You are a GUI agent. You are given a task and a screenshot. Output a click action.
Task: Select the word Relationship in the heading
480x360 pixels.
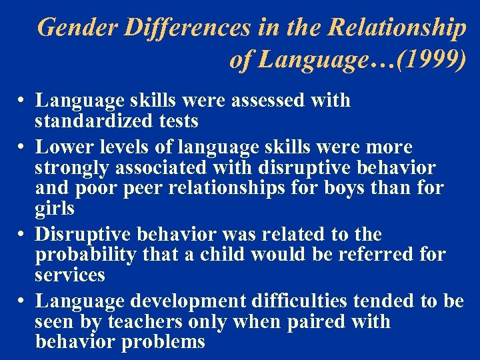pyautogui.click(x=397, y=28)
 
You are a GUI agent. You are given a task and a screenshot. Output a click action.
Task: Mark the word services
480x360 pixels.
pyautogui.click(x=70, y=275)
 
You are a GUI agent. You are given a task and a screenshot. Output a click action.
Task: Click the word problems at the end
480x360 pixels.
pyautogui.click(x=168, y=342)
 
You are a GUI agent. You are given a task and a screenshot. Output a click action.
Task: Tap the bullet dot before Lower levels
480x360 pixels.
pyautogui.click(x=22, y=147)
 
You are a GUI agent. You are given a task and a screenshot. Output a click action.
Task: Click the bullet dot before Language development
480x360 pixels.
pyautogui.click(x=22, y=301)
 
